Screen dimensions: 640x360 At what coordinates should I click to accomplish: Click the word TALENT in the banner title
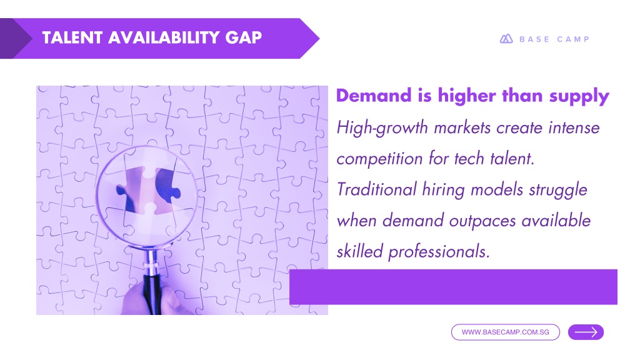pos(72,37)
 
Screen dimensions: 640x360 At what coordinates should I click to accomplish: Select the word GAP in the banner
pos(243,37)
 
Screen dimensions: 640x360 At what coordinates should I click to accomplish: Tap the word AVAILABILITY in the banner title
pos(164,37)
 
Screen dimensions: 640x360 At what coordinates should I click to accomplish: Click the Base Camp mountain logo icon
pos(506,39)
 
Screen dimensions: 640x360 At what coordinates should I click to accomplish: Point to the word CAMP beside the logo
pos(573,39)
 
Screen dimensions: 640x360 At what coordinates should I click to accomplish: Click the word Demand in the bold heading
pos(374,96)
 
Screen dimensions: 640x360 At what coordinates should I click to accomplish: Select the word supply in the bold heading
pos(579,97)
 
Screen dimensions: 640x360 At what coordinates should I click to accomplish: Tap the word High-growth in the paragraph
pos(382,128)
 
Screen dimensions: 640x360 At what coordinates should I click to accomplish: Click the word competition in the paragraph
pos(379,159)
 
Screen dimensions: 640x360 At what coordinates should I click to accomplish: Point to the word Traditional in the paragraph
pos(376,190)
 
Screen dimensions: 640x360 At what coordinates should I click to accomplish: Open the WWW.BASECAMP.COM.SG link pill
pos(505,332)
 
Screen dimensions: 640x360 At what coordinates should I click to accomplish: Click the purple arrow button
pos(586,332)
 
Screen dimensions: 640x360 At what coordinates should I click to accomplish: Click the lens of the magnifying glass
pos(146,196)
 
